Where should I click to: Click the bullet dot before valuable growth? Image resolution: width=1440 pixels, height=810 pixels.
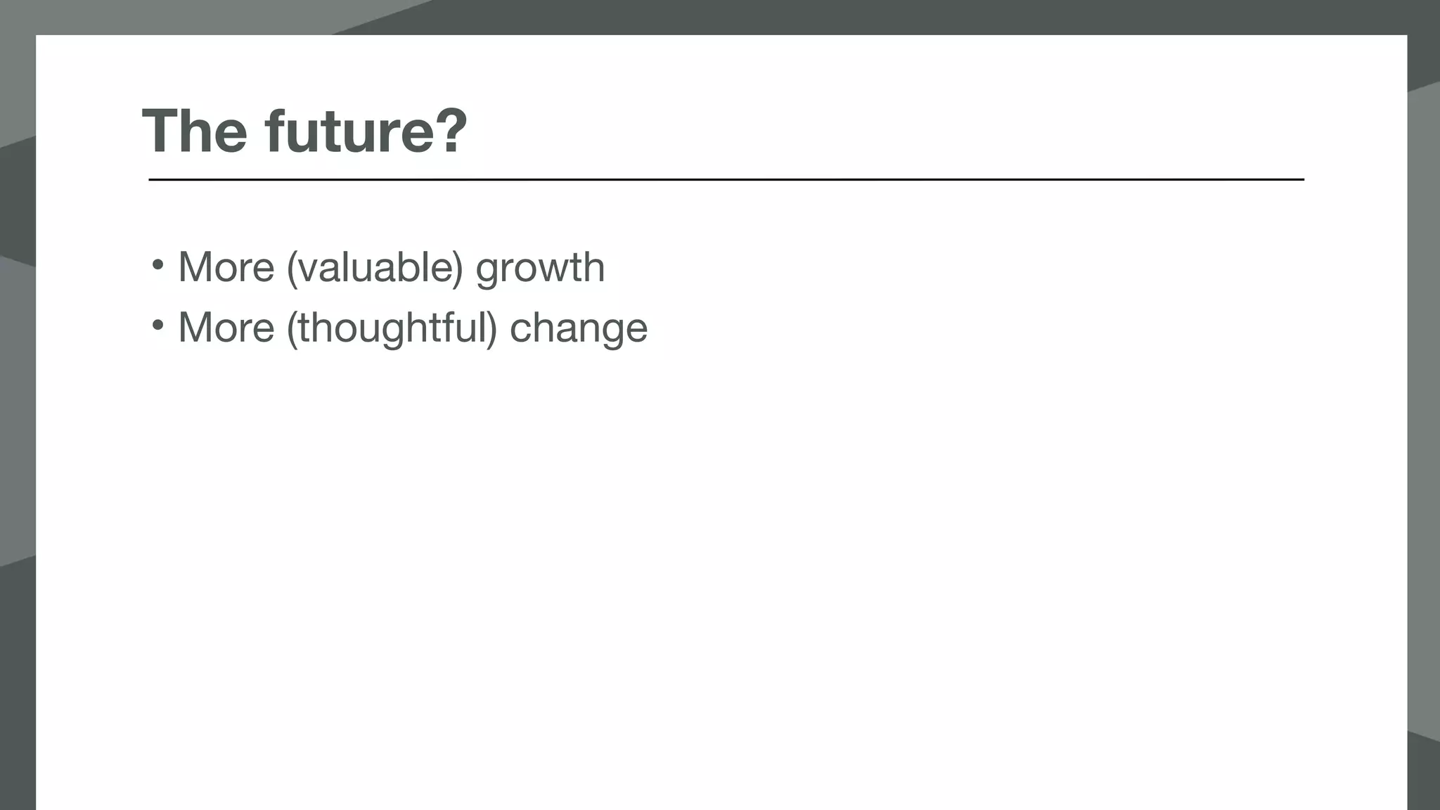[157, 265]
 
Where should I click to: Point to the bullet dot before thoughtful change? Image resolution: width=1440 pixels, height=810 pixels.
[157, 325]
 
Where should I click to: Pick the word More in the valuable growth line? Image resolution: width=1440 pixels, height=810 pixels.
[226, 268]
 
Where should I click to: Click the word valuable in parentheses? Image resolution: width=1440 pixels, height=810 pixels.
[375, 268]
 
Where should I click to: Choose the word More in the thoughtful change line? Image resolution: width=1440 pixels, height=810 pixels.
[226, 328]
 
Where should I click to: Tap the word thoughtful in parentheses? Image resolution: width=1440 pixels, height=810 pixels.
[392, 328]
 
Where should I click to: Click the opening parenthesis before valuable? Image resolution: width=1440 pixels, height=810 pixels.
[291, 269]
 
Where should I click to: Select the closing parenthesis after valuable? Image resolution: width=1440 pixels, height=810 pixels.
[458, 269]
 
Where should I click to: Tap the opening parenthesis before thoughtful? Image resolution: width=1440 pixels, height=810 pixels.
[291, 328]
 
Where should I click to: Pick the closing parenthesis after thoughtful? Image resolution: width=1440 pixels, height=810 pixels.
[492, 328]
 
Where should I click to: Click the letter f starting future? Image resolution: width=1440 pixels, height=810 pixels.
[275, 131]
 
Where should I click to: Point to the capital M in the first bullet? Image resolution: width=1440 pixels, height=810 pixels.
[195, 268]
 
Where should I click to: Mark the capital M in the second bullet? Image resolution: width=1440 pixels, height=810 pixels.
[195, 328]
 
